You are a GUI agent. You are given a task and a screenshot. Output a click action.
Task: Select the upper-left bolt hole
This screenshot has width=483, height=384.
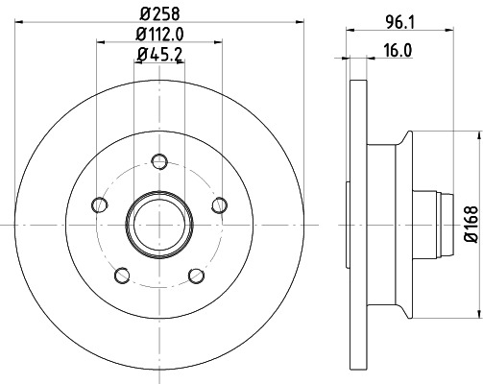[97, 204]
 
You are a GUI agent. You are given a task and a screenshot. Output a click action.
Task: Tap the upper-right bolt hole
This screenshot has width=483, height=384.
[221, 204]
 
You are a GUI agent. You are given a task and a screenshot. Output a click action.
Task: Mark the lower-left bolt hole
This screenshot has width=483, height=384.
[121, 276]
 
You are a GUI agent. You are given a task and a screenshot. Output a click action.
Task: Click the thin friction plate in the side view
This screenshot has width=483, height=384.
[358, 223]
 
